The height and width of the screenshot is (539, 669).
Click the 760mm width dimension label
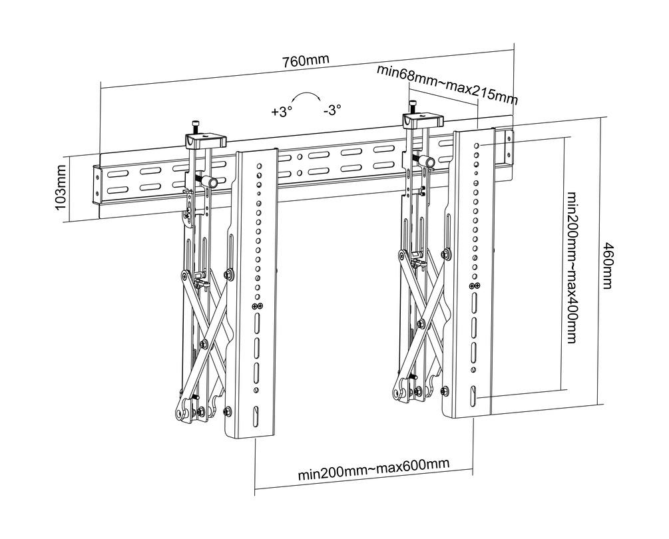(x=306, y=60)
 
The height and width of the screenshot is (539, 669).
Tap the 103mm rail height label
(x=61, y=189)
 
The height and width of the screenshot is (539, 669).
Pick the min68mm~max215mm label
(x=447, y=83)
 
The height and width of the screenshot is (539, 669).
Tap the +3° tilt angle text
(x=282, y=112)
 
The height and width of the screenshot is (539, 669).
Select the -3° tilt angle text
(x=332, y=111)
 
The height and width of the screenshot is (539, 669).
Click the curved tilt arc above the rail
(x=307, y=96)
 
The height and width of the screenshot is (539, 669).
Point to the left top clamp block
(x=204, y=141)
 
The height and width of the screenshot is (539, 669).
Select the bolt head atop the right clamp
(x=413, y=105)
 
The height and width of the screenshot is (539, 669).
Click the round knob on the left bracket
(x=213, y=182)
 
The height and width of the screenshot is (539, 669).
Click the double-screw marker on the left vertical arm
(x=256, y=305)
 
